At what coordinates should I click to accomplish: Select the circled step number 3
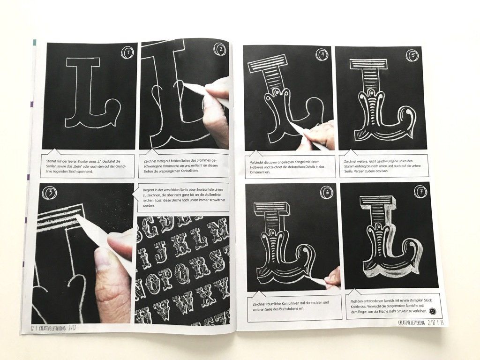pyautogui.click(x=49, y=191)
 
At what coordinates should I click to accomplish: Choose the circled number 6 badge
pyautogui.click(x=327, y=192)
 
